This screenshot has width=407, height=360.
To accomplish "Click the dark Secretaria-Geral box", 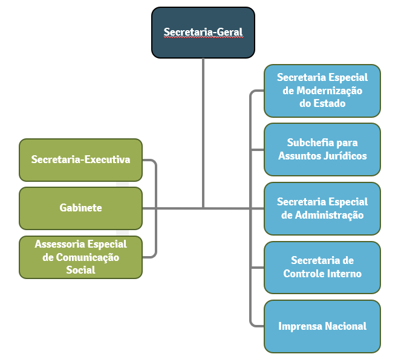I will pos(203,33).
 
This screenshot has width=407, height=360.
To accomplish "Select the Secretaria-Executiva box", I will pos(80,160).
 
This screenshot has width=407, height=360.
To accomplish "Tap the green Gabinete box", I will pos(80,208).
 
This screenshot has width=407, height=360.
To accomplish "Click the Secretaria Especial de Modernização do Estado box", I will pos(322,91).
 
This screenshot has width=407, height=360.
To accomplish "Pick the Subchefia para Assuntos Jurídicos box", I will pos(322,149).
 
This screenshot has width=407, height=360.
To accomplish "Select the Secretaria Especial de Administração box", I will pos(322,208).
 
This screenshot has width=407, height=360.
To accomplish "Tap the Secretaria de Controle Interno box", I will pos(322,267).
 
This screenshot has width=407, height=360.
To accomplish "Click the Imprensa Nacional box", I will pos(322,326).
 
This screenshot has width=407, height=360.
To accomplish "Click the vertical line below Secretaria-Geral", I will pos(203,133).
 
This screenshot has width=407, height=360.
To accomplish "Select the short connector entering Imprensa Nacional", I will pos(257,326).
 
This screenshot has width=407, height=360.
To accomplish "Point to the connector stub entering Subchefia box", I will pos(257,149).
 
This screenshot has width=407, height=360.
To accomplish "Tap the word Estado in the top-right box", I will pos(330,103).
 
